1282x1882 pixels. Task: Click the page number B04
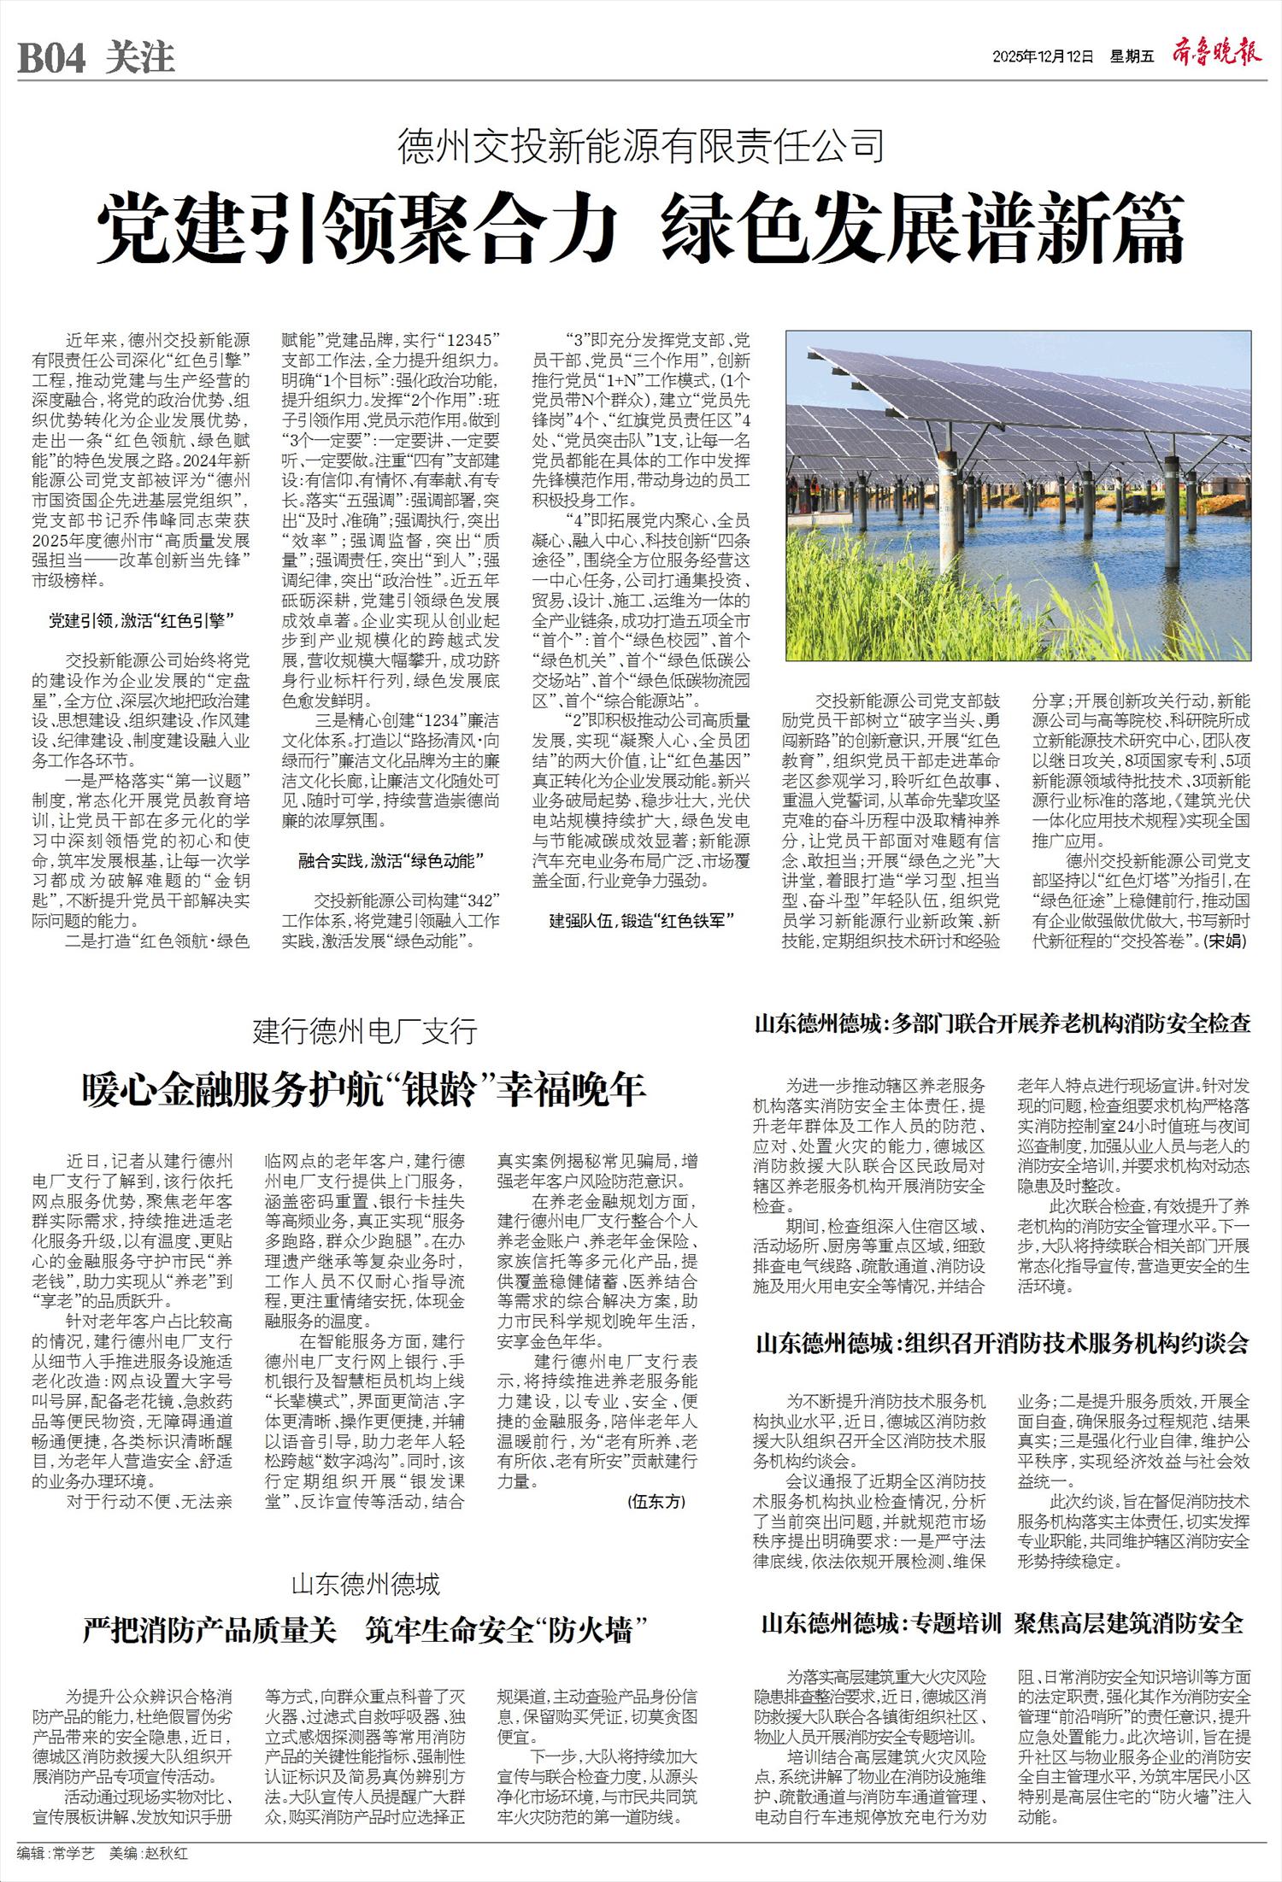[x=52, y=59]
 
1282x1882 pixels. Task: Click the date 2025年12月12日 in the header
[x=1043, y=57]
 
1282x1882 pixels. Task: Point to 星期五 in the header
[x=1132, y=57]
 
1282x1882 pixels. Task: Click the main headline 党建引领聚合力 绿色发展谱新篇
[x=640, y=228]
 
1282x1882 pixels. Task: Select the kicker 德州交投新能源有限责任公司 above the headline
[x=640, y=146]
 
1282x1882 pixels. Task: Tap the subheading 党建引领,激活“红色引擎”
[x=141, y=621]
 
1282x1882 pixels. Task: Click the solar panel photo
[x=1018, y=496]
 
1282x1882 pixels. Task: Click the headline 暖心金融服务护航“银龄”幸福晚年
[x=364, y=1090]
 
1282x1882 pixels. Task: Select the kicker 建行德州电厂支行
[x=364, y=1032]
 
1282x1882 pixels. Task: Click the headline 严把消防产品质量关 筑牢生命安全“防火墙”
[x=364, y=1631]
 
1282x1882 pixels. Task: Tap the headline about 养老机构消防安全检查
[x=1003, y=1024]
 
